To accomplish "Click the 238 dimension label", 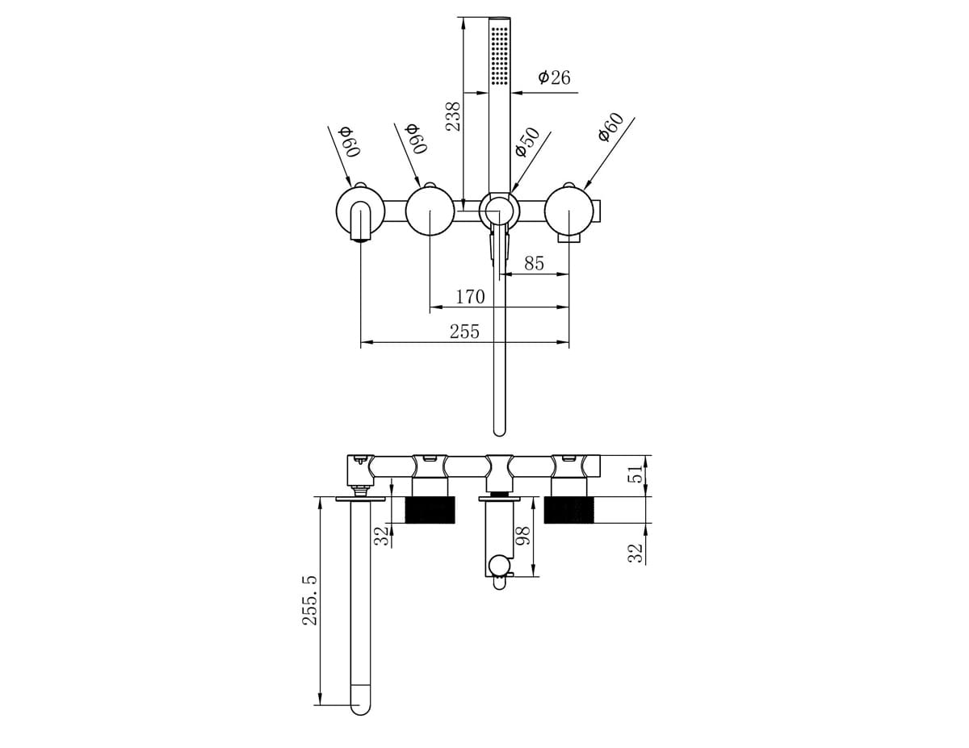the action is (454, 116).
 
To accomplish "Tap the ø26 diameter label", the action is (554, 77).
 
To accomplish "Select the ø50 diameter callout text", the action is (527, 142).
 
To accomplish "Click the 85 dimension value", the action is (535, 263).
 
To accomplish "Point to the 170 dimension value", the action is (470, 297).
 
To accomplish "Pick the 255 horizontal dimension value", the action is (464, 332).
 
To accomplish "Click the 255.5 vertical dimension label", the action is (310, 600).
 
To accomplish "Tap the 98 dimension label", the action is (522, 536).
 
